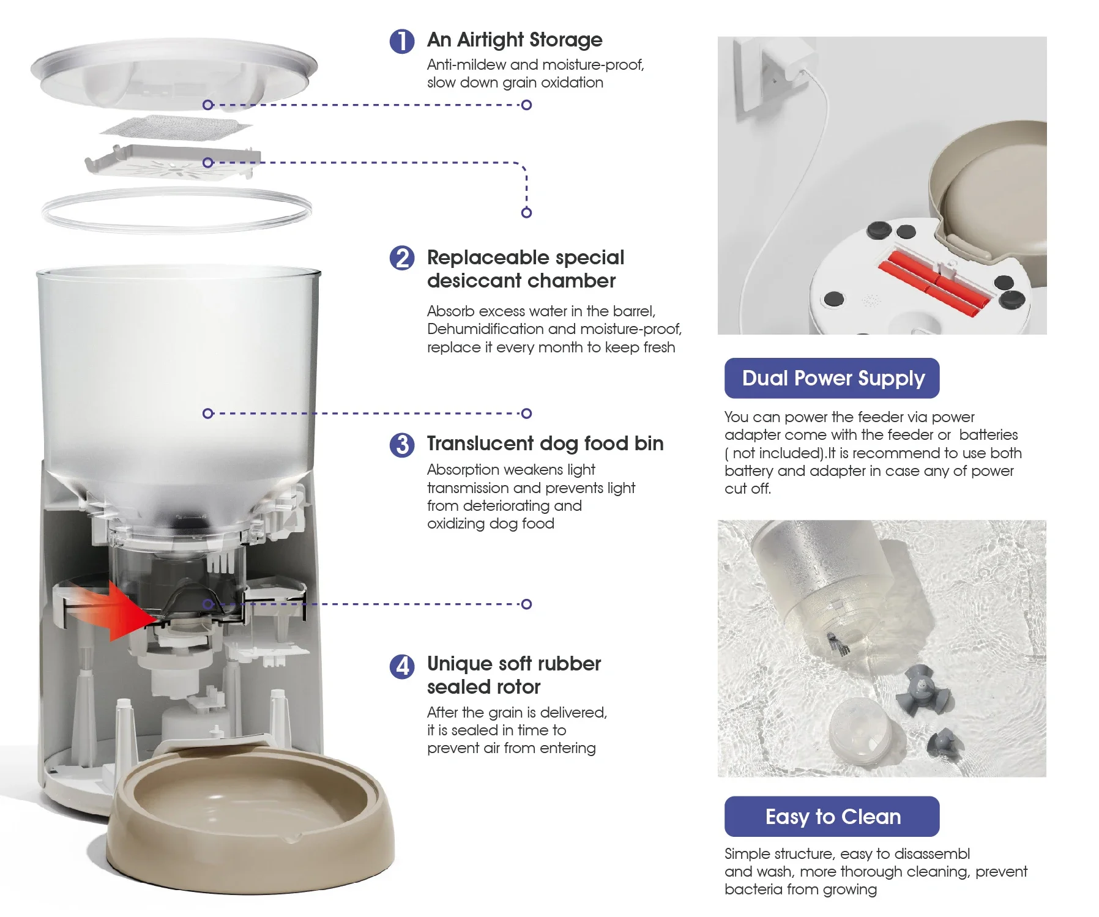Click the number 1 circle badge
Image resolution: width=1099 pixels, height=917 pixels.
coord(402,41)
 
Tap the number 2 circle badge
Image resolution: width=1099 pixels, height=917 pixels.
coord(402,258)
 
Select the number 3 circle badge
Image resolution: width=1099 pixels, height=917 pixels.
coord(402,445)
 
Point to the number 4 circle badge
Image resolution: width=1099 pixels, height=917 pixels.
coord(402,666)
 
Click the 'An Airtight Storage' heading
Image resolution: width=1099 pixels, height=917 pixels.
coord(515,40)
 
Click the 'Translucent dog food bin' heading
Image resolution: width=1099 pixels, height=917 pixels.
coord(545,444)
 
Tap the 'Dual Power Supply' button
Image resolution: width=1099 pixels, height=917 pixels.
coord(832,378)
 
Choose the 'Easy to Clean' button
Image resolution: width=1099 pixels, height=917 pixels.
coord(832,816)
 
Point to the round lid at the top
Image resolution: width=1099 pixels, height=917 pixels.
coord(174,73)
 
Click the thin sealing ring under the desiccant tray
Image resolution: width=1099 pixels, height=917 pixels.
coord(176,210)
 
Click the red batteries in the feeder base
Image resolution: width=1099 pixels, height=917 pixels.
coord(933,281)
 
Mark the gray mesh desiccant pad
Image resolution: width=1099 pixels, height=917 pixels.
coord(176,128)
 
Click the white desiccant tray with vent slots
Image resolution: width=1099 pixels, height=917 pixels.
coord(173,163)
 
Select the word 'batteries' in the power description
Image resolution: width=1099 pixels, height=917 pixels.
coord(988,435)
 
